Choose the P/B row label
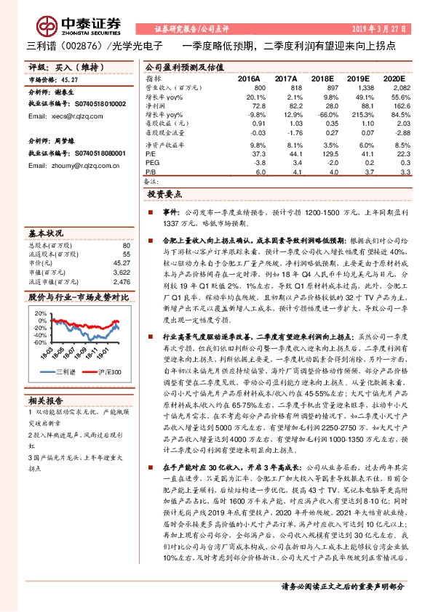[x=150, y=173]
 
